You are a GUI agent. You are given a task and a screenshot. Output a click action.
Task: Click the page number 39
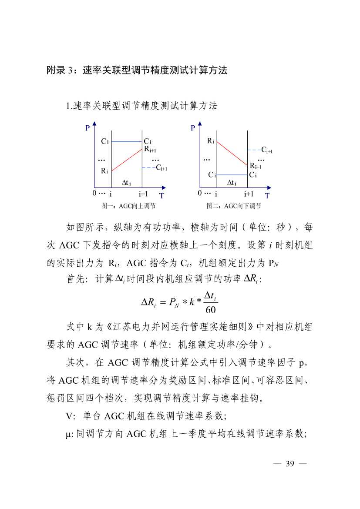pos(290,463)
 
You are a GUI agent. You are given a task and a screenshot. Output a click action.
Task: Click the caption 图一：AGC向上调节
pos(128,206)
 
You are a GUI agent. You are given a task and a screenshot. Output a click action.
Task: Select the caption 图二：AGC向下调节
pos(234,206)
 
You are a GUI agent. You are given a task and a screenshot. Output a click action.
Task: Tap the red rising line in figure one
pos(127,160)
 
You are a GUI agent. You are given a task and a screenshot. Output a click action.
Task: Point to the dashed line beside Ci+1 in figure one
pos(148,167)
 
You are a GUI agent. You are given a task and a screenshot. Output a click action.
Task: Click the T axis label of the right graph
pos(267,196)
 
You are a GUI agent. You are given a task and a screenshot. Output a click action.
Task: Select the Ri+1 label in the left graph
pos(150,150)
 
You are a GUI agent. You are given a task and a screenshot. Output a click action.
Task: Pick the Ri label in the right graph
pos(210,141)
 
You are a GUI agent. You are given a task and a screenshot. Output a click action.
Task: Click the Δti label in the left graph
pos(126,183)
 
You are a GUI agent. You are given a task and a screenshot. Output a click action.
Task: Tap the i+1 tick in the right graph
pos(249,194)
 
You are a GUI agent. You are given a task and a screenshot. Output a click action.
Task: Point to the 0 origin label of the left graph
pos(94,193)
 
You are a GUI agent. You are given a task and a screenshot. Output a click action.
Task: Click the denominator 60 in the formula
pos(210,310)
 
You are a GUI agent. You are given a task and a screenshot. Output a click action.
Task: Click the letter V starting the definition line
pos(69,415)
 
